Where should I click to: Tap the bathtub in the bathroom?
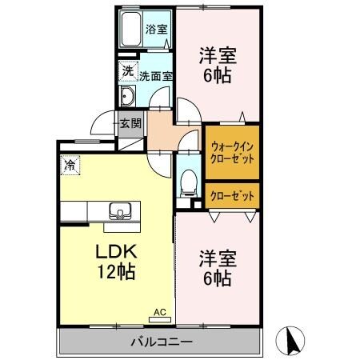(130, 30)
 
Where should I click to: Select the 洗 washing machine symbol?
(127, 71)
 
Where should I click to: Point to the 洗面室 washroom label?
(155, 78)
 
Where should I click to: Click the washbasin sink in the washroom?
(128, 98)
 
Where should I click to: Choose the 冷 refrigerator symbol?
(70, 166)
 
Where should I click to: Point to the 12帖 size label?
(115, 270)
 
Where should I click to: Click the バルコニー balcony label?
(161, 342)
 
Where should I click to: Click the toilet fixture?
(189, 182)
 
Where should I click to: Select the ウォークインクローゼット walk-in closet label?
(231, 152)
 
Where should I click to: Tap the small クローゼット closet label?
(232, 194)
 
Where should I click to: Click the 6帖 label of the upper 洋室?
(214, 78)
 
